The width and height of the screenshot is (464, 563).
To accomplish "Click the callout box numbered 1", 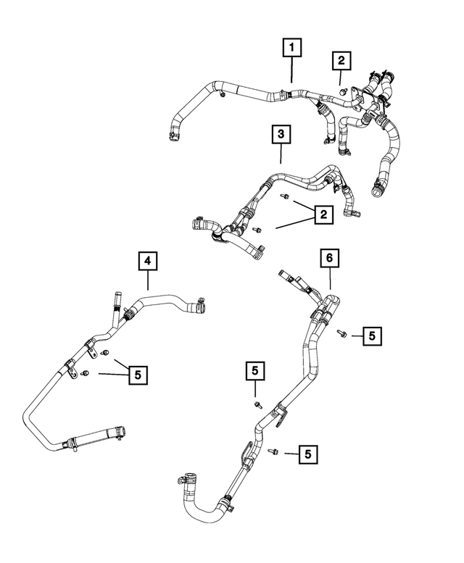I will (x=292, y=49).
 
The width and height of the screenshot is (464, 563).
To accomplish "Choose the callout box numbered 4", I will (x=147, y=260).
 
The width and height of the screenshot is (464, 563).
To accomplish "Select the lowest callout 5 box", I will (x=308, y=454).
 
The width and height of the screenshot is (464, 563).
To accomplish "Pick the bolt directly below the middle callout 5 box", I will (x=257, y=403).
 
